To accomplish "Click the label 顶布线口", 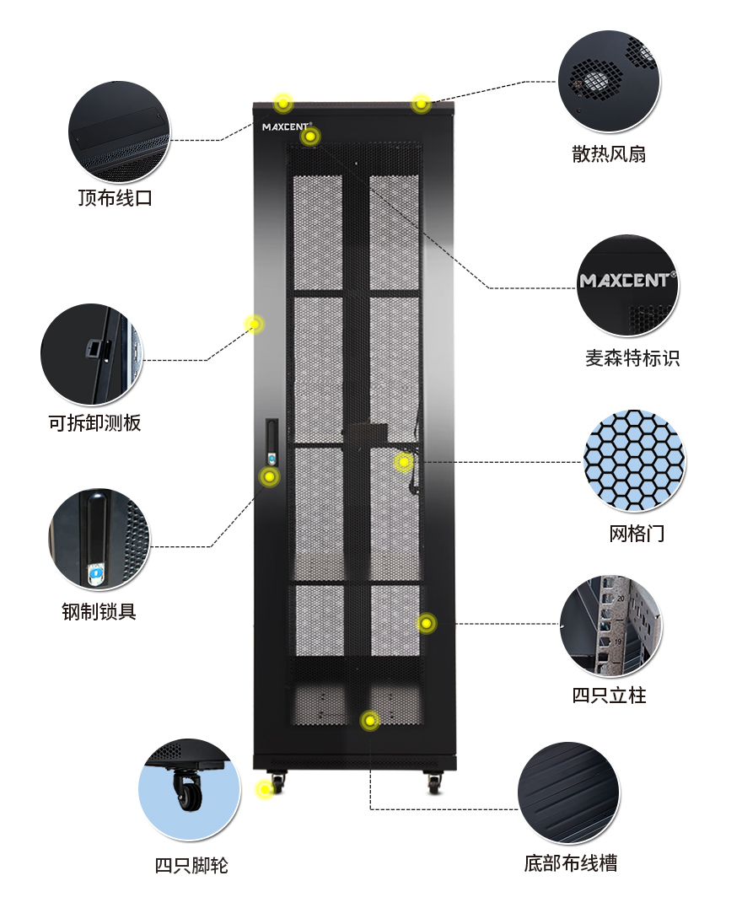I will click(116, 199).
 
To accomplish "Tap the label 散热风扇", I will click(609, 153).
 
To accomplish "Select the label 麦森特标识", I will click(632, 357).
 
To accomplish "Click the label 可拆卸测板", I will click(94, 422).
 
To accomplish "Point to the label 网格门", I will click(637, 533).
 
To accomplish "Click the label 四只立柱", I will click(609, 695).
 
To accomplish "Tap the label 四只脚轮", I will click(191, 865).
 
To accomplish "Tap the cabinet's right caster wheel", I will click(434, 783).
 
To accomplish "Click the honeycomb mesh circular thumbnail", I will click(634, 460).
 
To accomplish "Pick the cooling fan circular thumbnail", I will click(609, 82).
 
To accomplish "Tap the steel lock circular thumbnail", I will click(99, 539).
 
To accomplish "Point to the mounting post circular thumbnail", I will click(610, 626).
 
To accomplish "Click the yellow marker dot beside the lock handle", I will click(269, 477).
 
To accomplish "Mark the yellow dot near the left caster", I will click(265, 789).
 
